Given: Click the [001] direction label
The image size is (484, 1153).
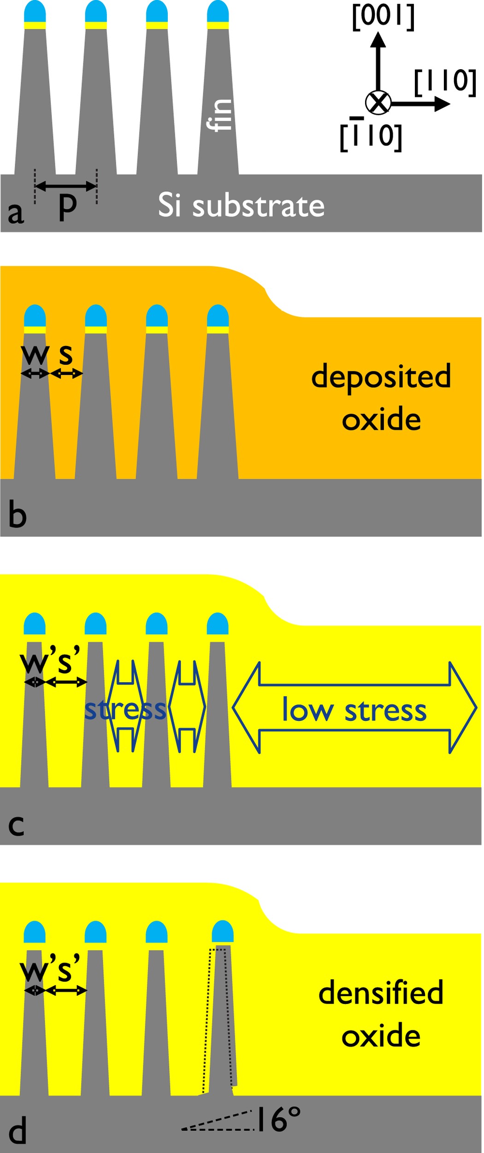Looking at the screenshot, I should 383,17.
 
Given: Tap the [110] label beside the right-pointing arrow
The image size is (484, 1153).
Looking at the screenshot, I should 445,82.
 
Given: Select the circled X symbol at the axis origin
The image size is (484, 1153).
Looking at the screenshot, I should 378,102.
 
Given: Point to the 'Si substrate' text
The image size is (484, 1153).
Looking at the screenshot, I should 241,205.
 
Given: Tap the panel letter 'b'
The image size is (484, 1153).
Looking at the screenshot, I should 18,516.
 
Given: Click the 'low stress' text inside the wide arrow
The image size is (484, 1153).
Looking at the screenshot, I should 354,710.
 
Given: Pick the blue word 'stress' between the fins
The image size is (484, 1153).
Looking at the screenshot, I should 125,709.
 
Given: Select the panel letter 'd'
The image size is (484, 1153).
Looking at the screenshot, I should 18,1131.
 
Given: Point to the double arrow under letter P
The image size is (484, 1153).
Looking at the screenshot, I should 66,186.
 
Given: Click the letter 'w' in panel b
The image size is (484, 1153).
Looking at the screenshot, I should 35,354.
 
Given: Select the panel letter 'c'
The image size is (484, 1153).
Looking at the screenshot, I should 16,825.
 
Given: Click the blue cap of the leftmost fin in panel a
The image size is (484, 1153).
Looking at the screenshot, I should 35,12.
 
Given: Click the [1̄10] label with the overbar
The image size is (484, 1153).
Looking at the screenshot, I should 371,136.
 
